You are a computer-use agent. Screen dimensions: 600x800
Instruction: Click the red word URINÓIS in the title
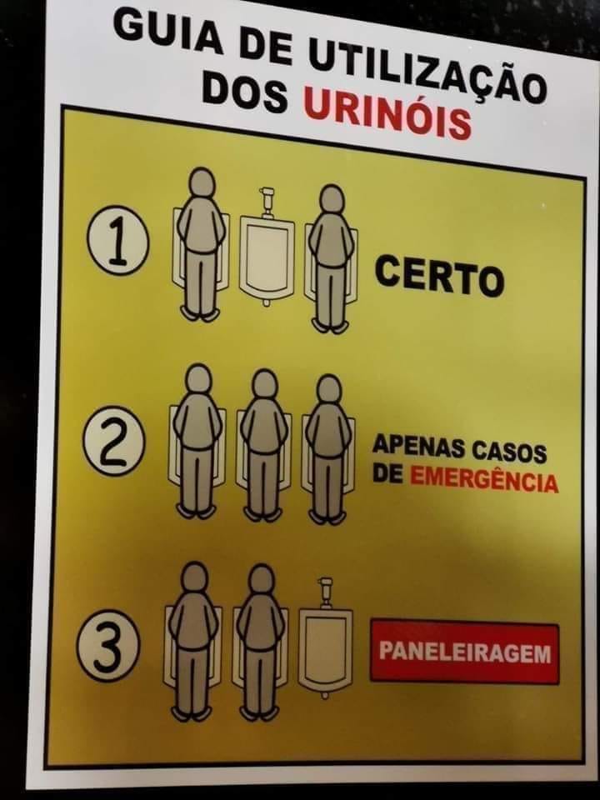coord(387,114)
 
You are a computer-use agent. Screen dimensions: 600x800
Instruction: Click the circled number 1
coord(117,240)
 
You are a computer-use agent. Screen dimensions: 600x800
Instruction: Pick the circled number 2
coord(114,440)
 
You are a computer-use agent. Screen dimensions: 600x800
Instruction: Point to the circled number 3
coord(107,646)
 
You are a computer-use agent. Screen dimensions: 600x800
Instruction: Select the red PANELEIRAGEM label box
coord(464,652)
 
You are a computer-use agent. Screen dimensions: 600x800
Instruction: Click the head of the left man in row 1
coord(203,182)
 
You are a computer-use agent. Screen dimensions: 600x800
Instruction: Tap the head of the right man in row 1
coord(332,199)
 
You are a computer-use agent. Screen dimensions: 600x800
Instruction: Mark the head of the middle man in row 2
coord(264,384)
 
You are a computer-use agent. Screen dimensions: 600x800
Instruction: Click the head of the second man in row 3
coord(261,579)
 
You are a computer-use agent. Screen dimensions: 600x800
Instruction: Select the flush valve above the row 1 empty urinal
coord(266,201)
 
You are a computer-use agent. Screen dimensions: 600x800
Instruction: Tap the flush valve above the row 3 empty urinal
coord(325,592)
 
